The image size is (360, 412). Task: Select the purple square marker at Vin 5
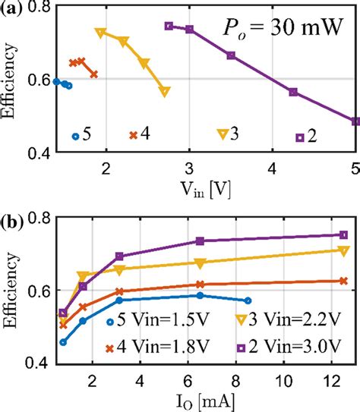355,121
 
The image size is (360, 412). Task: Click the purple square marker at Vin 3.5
231,55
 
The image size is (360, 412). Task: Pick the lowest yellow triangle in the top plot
165,92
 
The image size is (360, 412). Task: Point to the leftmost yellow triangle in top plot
99,33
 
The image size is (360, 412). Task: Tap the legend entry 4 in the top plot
139,135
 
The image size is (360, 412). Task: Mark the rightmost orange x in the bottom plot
343,281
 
